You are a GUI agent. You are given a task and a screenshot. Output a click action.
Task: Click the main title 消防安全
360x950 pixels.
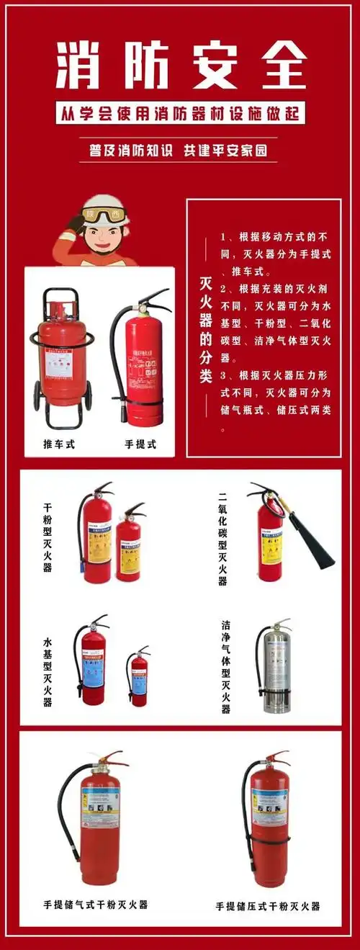(180, 64)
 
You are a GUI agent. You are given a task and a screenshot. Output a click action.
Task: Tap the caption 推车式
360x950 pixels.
(59, 444)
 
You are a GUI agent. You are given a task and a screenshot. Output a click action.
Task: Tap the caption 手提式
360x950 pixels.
(140, 444)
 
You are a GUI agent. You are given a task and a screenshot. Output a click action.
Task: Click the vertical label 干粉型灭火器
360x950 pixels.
(48, 537)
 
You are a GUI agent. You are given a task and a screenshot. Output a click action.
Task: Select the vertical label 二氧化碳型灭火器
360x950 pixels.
(222, 537)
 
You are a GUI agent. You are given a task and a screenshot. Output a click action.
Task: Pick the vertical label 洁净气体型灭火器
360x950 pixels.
(225, 666)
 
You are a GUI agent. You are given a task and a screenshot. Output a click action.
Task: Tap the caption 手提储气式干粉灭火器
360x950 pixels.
(96, 905)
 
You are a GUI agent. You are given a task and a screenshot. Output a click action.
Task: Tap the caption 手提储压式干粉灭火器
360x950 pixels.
(268, 906)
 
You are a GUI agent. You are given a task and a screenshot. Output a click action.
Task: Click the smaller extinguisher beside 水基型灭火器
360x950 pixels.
(138, 678)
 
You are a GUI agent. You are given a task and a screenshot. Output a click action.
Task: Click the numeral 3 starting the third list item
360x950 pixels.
(224, 375)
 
